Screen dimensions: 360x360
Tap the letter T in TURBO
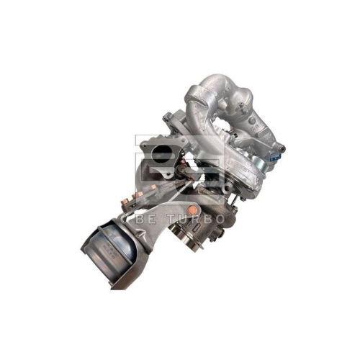tap(174, 218)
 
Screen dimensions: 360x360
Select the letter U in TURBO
tap(186, 218)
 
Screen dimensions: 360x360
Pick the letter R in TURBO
tap(197, 218)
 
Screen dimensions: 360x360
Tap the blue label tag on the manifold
tap(274, 156)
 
